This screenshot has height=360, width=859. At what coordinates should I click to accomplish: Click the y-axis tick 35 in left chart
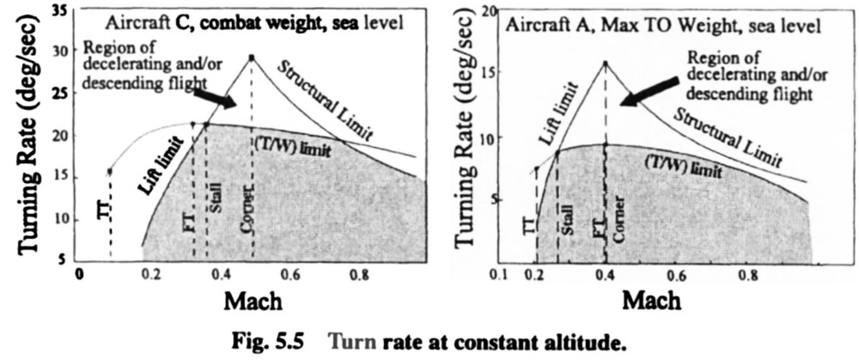(x=60, y=10)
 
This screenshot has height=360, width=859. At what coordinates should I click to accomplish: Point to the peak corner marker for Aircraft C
(x=252, y=58)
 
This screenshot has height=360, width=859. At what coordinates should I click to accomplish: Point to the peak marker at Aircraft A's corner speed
(x=606, y=63)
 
